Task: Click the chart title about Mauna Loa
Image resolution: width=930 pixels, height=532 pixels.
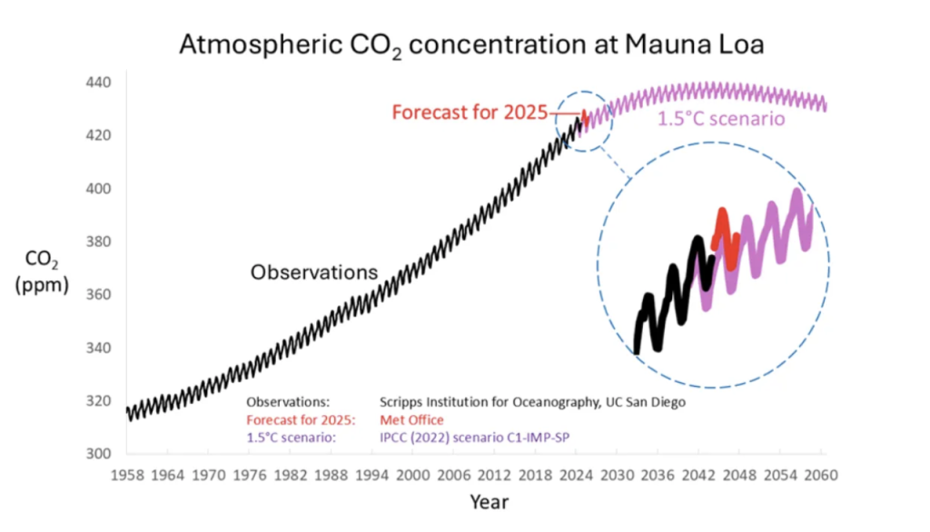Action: pos(464,44)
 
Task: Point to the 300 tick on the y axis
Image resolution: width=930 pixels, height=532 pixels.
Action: pos(98,454)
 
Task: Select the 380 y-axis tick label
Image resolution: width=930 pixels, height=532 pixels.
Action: pos(98,242)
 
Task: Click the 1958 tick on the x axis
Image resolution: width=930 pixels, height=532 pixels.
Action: pos(127,475)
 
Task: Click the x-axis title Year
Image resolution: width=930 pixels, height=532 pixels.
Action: pos(489,502)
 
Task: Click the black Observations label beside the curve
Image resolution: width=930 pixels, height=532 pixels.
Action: pos(313,271)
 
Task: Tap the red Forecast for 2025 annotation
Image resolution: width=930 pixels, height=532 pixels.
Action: pos(470,113)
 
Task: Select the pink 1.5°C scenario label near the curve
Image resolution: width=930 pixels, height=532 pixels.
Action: pos(721,119)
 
